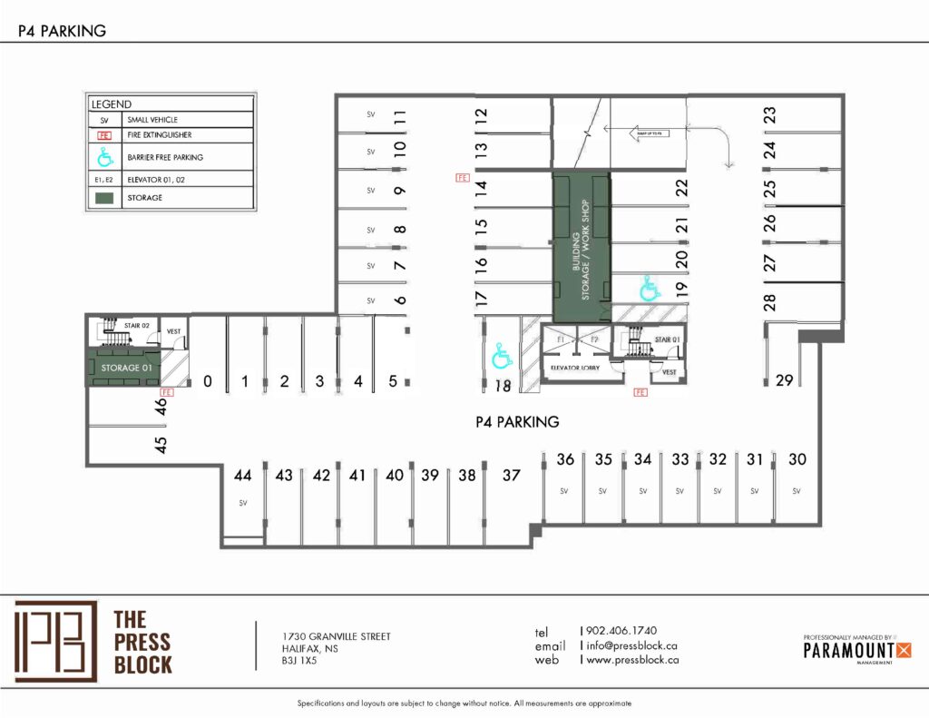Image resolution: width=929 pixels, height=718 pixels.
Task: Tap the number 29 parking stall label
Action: point(784,380)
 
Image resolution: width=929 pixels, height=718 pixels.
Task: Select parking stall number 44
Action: point(242,476)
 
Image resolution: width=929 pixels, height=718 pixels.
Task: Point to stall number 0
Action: point(208,382)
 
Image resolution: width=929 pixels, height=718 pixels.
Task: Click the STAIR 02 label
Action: point(137,323)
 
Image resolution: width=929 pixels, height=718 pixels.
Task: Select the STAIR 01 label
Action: point(667,339)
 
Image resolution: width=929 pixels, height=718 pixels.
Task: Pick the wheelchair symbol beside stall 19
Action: point(650,288)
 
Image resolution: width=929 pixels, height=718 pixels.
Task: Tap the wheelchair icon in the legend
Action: point(104,157)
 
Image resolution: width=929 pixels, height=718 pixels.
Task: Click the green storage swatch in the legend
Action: point(104,197)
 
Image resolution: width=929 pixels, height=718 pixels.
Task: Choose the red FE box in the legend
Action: point(104,134)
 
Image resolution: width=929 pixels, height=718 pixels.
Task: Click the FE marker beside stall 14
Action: point(462,179)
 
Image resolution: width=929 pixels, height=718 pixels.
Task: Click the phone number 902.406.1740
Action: point(621,630)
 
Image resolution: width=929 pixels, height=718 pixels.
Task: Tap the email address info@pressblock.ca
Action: point(632,645)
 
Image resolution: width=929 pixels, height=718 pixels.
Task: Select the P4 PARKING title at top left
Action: point(63,31)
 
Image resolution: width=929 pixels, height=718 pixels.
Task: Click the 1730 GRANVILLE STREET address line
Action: point(337,636)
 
